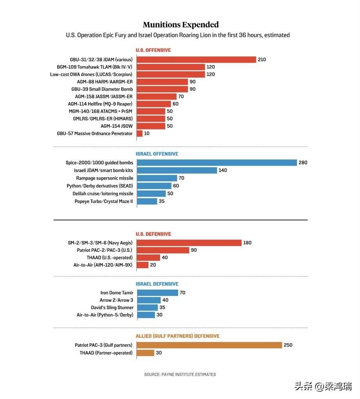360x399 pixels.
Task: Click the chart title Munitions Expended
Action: click(x=180, y=25)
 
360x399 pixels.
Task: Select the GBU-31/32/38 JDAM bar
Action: click(x=196, y=60)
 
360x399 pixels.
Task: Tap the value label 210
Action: click(x=262, y=60)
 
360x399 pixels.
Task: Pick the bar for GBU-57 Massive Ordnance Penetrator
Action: click(x=139, y=133)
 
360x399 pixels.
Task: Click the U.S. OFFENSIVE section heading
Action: click(x=153, y=50)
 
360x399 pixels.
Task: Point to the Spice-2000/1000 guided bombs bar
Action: click(x=217, y=162)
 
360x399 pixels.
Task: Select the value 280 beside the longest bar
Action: click(x=303, y=162)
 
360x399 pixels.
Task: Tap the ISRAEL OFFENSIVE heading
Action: click(x=157, y=154)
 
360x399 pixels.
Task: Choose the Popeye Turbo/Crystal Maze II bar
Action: click(x=147, y=201)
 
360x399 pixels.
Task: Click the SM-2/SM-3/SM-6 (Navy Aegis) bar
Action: click(x=189, y=243)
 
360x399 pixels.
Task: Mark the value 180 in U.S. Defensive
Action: click(x=247, y=243)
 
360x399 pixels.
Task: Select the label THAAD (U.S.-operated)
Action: click(x=109, y=258)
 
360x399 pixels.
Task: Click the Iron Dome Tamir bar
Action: click(x=157, y=293)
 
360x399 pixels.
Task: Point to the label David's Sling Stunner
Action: click(x=112, y=307)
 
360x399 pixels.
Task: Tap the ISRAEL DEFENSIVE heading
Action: click(x=157, y=284)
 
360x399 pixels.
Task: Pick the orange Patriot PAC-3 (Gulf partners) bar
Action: click(x=209, y=345)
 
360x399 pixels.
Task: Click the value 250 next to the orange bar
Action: click(x=288, y=345)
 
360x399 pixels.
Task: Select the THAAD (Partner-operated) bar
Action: click(x=145, y=353)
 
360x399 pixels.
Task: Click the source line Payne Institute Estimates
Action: click(x=180, y=374)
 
